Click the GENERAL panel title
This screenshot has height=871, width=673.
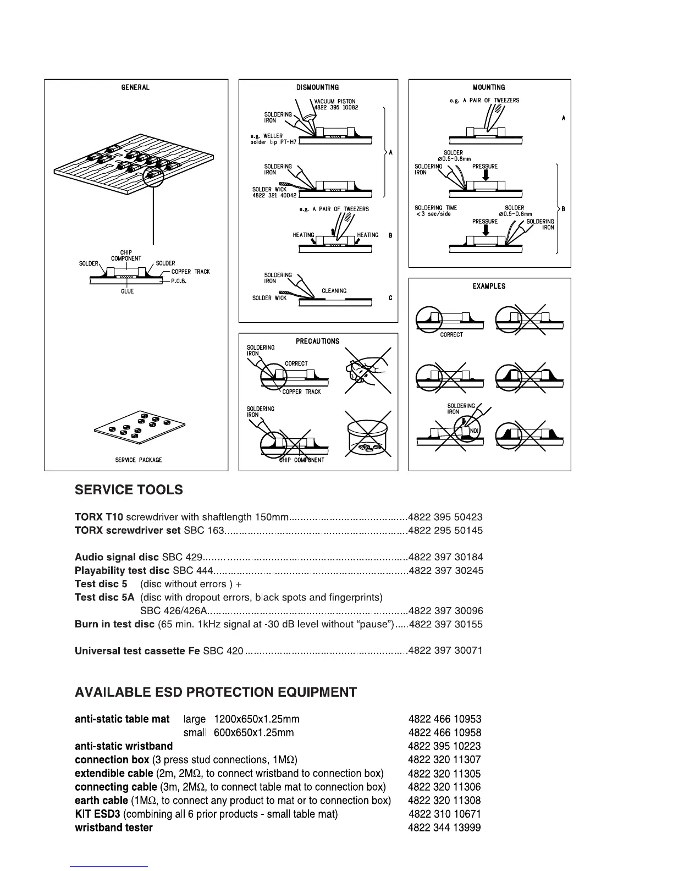coord(135,87)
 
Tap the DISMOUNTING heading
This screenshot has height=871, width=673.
coord(317,87)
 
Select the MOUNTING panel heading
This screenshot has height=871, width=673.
coord(489,87)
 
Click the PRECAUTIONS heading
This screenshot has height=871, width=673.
coord(318,341)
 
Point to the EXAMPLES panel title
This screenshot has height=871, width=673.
coord(489,286)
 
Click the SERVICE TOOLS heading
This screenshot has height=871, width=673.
coord(129,490)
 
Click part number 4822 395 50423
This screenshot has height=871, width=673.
coord(445,517)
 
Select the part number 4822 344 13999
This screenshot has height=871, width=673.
coord(445,828)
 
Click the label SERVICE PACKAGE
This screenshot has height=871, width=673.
coord(139,460)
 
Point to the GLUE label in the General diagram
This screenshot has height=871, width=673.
coord(128,291)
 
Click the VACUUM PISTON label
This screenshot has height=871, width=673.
coord(335,102)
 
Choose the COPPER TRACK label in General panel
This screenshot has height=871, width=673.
coord(190,272)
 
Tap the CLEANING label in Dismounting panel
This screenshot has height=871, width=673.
coord(334,291)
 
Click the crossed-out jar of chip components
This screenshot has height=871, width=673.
coord(368,439)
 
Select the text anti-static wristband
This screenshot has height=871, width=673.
coord(124,746)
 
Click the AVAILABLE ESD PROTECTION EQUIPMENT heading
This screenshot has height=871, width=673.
coord(216,692)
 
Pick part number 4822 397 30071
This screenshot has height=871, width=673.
coord(445,651)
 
